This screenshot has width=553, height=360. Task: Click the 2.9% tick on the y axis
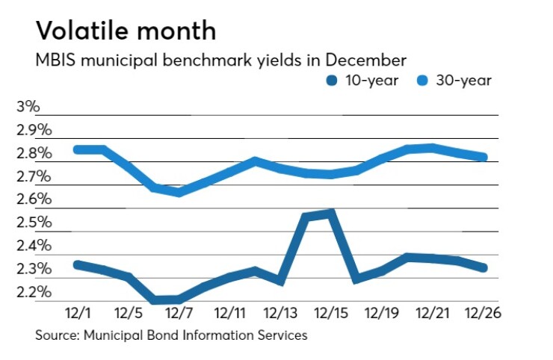(34, 130)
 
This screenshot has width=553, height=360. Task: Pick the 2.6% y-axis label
(34, 199)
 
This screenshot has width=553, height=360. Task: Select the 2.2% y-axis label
(34, 291)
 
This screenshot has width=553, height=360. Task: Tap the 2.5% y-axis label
(34, 223)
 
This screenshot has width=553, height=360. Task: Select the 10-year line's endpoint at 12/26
(484, 267)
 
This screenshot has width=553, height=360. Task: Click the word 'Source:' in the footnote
(59, 335)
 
